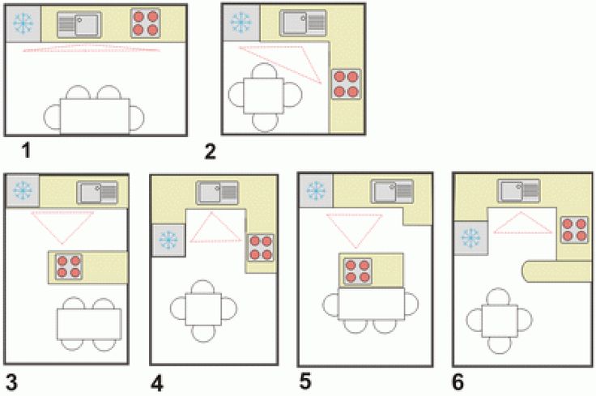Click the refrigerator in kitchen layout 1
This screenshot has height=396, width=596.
23,23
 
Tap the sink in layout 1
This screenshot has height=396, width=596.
79,25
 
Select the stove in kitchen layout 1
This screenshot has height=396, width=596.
145,23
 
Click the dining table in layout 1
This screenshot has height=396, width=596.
95,116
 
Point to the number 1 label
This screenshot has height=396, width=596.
26,151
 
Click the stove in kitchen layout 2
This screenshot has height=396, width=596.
346,84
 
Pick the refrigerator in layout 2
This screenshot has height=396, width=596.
241,23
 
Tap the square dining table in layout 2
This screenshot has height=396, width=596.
264,96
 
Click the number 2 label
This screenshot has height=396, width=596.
211,152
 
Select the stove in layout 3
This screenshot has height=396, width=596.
69,266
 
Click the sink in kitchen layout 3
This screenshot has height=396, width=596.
97,192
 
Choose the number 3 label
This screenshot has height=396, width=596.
11,383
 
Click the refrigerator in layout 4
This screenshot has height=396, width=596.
168,241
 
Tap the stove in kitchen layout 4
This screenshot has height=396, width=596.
261,248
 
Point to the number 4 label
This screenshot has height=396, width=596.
157,384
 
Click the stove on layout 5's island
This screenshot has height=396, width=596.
358,271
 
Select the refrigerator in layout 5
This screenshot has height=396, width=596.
317,190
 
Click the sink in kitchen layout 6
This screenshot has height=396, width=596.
519,191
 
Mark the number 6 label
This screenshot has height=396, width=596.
458,382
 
